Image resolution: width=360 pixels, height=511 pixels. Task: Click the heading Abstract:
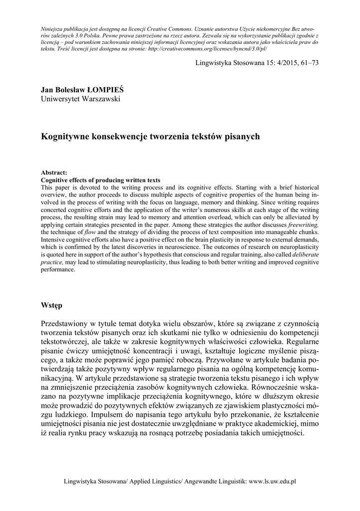pos(57,173)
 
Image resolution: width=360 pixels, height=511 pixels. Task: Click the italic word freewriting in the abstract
pos(303,225)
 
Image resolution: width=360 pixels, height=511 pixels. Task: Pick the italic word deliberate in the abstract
pos(304,255)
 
